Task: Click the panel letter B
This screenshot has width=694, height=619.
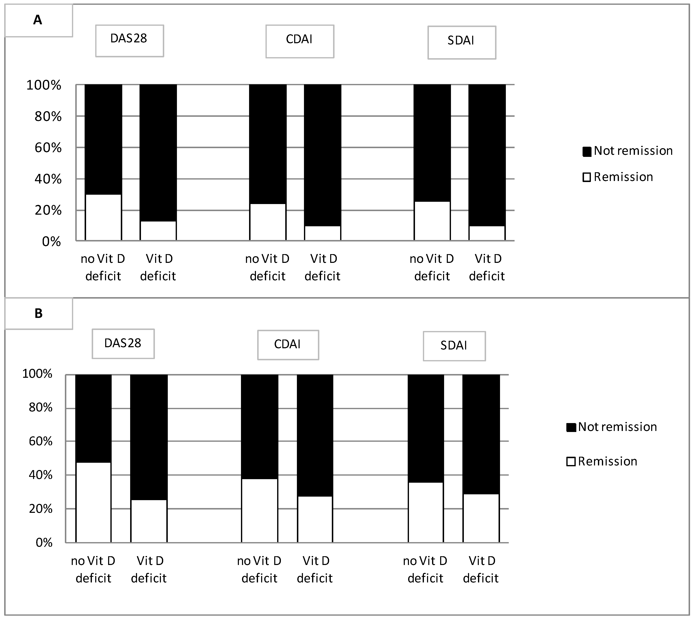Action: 38,313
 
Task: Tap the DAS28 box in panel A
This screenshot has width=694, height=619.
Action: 129,41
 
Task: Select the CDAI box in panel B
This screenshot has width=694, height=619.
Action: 288,345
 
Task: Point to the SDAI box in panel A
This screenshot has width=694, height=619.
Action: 462,42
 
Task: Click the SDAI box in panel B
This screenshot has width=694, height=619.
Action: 454,346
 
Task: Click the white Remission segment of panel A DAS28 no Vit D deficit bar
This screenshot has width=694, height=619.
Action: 103,218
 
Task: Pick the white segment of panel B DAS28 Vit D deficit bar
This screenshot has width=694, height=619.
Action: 149,521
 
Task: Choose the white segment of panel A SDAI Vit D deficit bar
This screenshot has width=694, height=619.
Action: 487,233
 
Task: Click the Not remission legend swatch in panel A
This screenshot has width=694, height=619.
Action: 587,151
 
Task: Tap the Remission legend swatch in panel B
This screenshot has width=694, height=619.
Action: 571,461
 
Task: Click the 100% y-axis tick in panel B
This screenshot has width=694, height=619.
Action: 37,374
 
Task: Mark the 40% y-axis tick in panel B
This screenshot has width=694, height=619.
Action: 41,475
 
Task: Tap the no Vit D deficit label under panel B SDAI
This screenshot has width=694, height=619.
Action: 425,569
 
